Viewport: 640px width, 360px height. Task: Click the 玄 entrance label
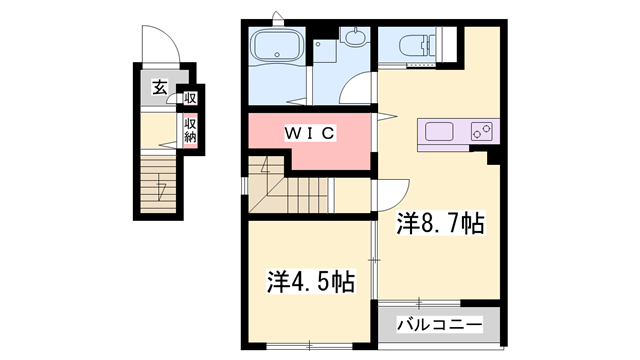coord(160,88)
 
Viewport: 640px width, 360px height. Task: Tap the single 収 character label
coord(189,98)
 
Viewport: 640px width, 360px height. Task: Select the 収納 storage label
coord(189,130)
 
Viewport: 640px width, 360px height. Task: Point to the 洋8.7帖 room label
coord(440,224)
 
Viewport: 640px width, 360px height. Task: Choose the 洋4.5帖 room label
coord(310,282)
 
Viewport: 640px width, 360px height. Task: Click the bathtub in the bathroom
coord(277,47)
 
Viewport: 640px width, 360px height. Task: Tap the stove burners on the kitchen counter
coord(479,131)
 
